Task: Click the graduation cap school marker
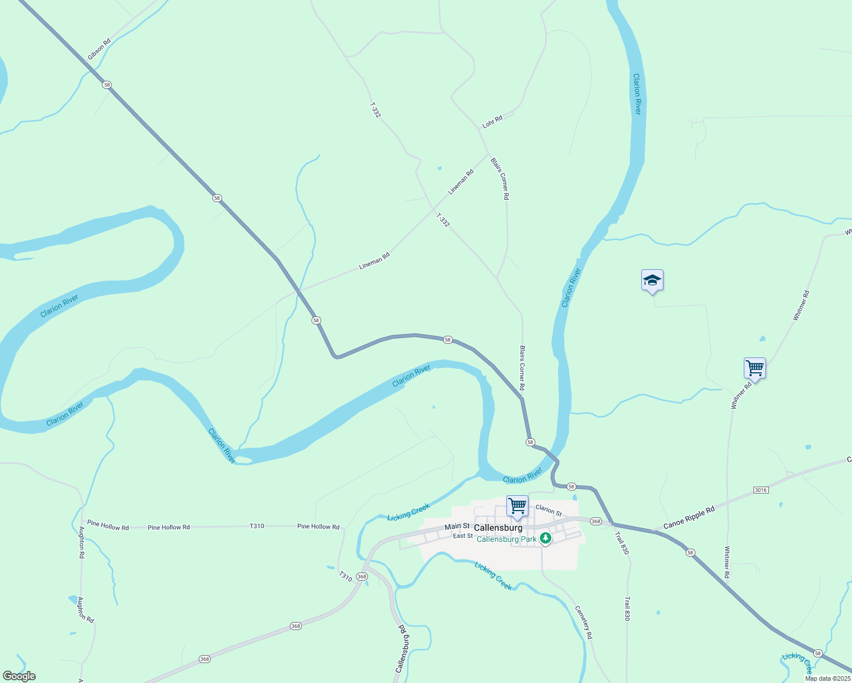pyautogui.click(x=652, y=281)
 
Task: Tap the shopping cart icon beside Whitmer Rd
pyautogui.click(x=755, y=368)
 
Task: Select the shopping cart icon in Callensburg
pyautogui.click(x=517, y=506)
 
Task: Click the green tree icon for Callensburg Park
pyautogui.click(x=546, y=538)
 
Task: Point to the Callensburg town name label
pyautogui.click(x=498, y=528)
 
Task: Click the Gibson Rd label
pyautogui.click(x=99, y=50)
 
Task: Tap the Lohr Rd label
pyautogui.click(x=493, y=121)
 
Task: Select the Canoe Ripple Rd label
pyautogui.click(x=690, y=517)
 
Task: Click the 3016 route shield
pyautogui.click(x=760, y=490)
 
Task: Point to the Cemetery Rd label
pyautogui.click(x=584, y=622)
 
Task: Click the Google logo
pyautogui.click(x=19, y=676)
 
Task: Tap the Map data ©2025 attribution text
pyautogui.click(x=827, y=678)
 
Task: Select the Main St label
pyautogui.click(x=457, y=526)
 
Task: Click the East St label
pyautogui.click(x=462, y=536)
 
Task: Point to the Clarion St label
pyautogui.click(x=548, y=510)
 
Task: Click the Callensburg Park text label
pyautogui.click(x=506, y=539)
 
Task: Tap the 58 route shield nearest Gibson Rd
pyautogui.click(x=107, y=85)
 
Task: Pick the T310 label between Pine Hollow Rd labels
pyautogui.click(x=257, y=526)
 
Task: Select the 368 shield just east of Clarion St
pyautogui.click(x=596, y=521)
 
